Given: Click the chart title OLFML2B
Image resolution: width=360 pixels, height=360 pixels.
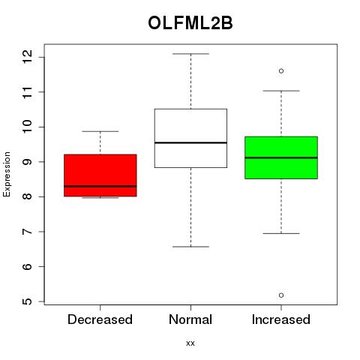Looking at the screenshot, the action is [x=190, y=23].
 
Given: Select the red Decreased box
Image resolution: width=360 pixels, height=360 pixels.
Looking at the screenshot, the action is [x=100, y=175].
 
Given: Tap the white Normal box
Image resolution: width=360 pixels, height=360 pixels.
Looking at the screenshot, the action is [x=190, y=138].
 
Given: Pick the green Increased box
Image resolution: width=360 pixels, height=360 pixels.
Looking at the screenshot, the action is [x=281, y=157].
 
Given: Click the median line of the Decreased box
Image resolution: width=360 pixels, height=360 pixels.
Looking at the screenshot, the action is [x=100, y=186].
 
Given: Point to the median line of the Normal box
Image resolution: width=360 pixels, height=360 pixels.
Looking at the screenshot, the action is [x=190, y=142].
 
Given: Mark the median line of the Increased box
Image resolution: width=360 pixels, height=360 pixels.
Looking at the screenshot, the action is [x=281, y=157].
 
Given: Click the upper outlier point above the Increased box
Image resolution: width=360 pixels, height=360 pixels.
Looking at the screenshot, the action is [x=281, y=71].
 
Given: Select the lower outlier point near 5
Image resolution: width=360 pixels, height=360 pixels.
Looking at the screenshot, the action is [x=281, y=295].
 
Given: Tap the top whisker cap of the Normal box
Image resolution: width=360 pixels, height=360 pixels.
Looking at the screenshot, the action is [x=191, y=54].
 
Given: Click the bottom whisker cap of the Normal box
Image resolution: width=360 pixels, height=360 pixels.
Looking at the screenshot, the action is [x=191, y=247].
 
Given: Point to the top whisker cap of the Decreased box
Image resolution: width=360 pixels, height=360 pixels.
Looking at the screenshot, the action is [x=100, y=131].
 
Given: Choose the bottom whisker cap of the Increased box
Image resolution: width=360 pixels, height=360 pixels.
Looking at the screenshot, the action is [x=281, y=233].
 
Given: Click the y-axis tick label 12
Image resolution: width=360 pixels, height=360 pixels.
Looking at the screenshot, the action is [x=27, y=57].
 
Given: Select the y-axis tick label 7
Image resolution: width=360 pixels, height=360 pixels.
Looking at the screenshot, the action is [x=27, y=232].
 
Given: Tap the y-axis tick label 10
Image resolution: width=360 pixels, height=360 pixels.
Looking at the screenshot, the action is [x=27, y=127].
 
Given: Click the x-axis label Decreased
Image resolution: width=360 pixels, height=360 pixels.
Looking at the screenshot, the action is [x=100, y=319].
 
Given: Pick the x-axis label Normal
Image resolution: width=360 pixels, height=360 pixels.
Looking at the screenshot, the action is [x=190, y=319].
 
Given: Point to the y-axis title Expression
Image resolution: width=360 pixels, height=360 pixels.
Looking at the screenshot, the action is [x=7, y=174].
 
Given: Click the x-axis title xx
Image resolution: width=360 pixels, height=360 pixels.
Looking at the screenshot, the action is [x=190, y=343].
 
